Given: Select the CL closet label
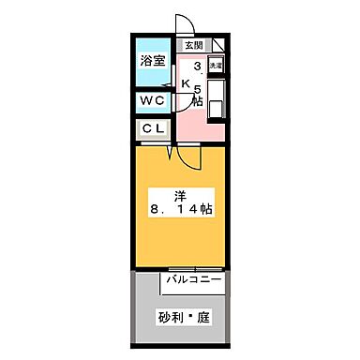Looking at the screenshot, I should pos(153,129).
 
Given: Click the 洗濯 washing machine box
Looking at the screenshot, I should pos(216,66).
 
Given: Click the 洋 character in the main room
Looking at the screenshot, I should pos(180,196).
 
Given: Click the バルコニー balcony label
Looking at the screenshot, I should pos(195,279).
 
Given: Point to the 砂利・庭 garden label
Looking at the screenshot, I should pos(182,317).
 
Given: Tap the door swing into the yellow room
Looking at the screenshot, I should pos(189,157).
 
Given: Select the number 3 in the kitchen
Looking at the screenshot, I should pos(197,67).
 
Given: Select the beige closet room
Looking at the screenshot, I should pos(167,129).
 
